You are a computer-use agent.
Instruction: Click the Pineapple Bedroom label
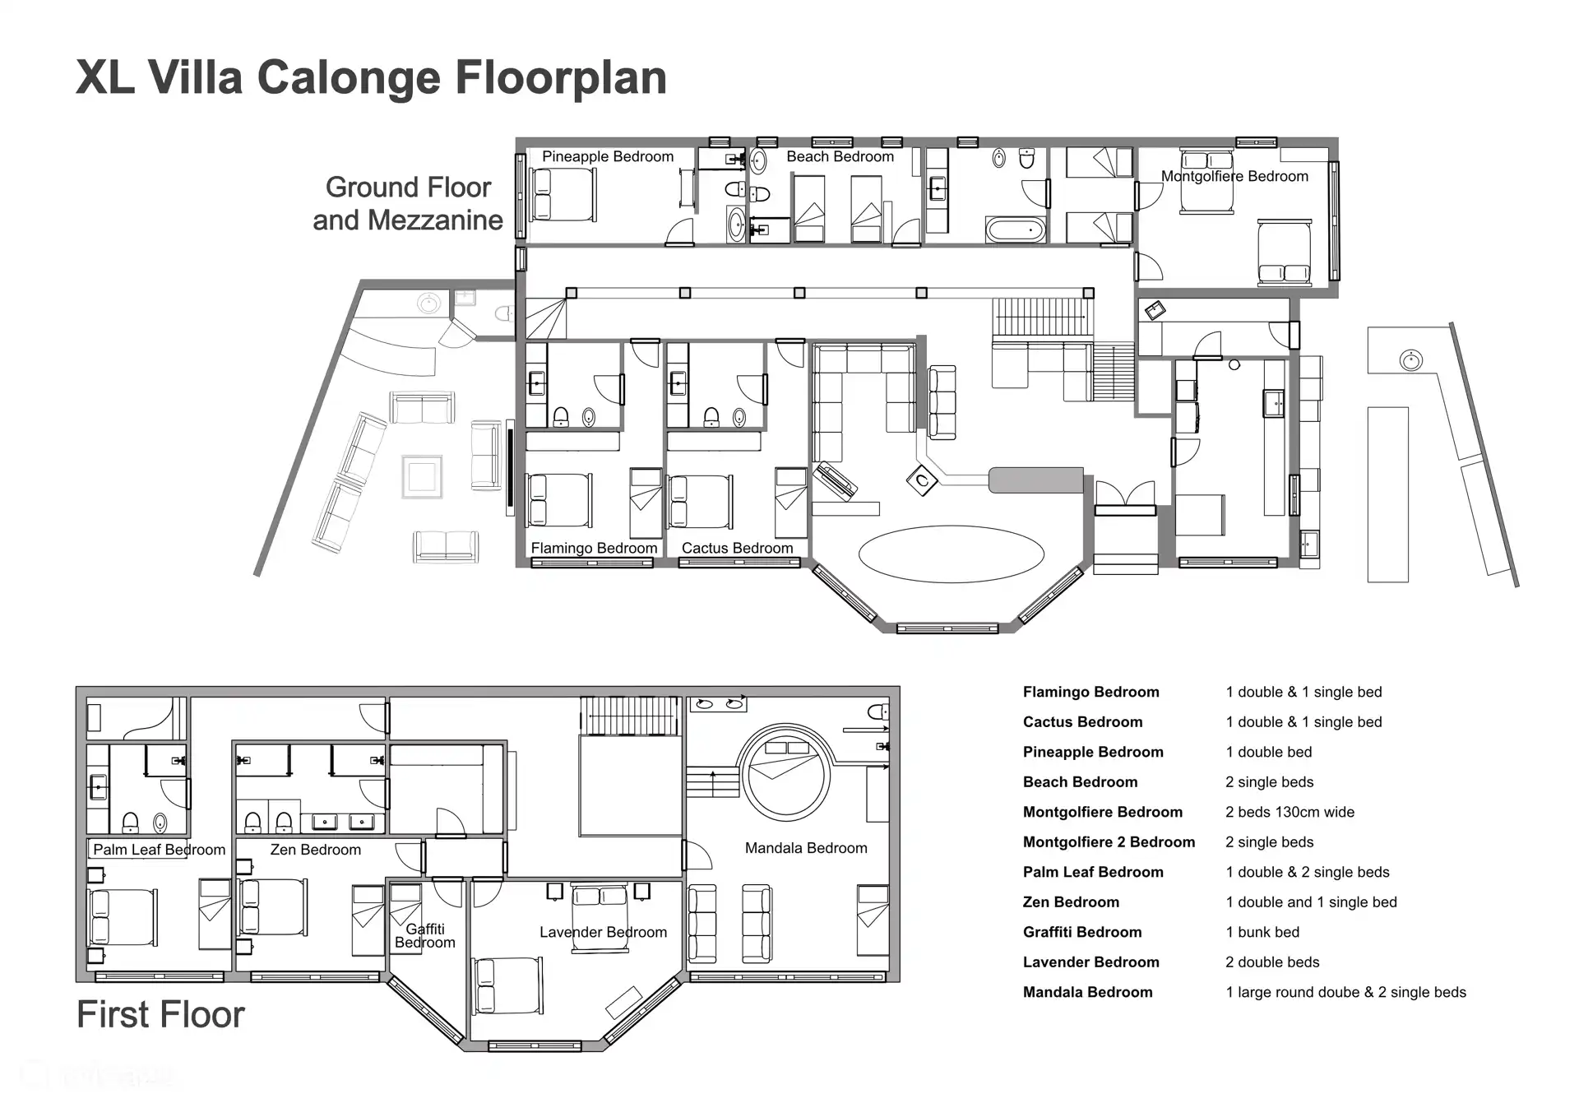tap(608, 157)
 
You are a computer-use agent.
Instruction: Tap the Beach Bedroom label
tap(840, 157)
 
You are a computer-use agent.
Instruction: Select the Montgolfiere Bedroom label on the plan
tap(1234, 176)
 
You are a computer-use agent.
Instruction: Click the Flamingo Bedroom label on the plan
tap(594, 548)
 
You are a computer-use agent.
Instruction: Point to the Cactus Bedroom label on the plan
tap(737, 548)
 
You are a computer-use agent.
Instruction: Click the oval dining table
tap(952, 554)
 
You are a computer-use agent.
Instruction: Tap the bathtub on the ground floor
tap(1016, 229)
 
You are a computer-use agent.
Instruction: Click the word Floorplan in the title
tap(561, 78)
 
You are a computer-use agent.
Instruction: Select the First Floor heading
tap(161, 1014)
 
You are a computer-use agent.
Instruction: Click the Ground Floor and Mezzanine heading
tap(408, 203)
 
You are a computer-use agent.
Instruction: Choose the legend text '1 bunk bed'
tap(1262, 932)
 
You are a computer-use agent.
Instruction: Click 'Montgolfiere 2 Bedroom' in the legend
tap(1109, 841)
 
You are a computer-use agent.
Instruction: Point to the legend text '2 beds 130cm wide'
tap(1290, 812)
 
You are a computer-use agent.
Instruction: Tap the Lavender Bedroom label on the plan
tap(603, 932)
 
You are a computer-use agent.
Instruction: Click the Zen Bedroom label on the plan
tap(315, 850)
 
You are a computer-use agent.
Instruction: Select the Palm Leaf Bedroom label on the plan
tap(159, 850)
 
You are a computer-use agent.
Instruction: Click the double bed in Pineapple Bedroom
tap(563, 195)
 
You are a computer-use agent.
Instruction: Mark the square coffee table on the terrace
tap(422, 477)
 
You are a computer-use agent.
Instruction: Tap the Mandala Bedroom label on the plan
tap(806, 848)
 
